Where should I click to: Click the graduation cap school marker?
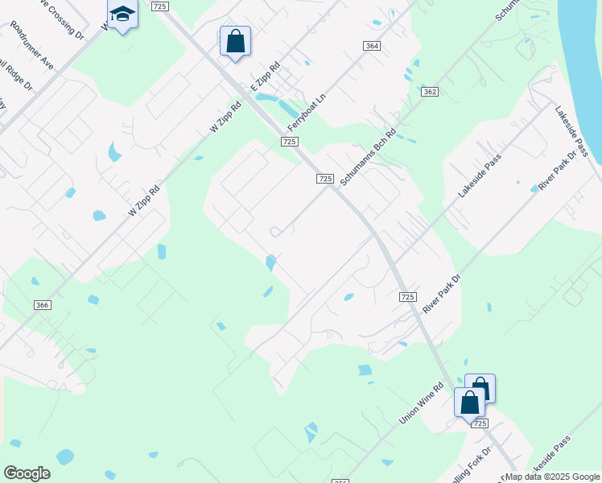122,15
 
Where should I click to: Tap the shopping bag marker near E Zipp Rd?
235,42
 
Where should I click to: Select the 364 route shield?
371,46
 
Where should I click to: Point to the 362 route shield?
429,92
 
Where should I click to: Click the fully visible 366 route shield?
43,305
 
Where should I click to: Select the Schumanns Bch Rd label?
368,158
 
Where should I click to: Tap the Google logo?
27,473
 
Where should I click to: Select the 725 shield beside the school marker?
159,6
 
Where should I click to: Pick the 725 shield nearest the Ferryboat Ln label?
291,142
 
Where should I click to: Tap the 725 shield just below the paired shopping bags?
479,423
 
